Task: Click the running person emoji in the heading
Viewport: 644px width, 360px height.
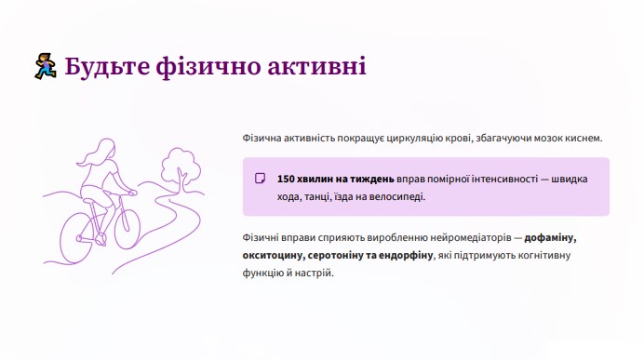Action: coord(46,66)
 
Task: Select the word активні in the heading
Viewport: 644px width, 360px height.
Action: coord(316,66)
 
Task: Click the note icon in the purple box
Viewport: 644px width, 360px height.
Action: coord(260,179)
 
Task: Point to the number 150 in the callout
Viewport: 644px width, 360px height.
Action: coord(286,179)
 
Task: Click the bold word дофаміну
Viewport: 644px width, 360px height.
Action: coord(550,238)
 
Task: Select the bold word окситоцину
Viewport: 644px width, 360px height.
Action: coord(274,256)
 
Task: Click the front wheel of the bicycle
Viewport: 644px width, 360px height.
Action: coord(127,228)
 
